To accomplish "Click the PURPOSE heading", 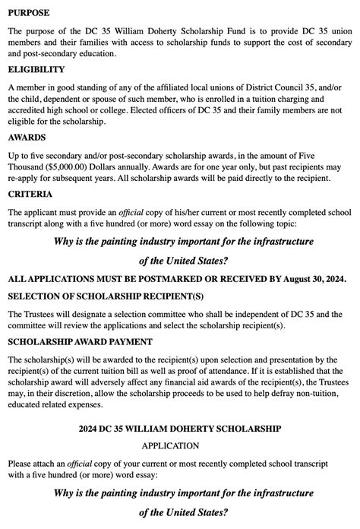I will tap(29, 13).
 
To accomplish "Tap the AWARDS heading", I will tap(27, 138).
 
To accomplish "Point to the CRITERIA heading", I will tap(30, 194).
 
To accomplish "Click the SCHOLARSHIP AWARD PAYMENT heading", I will tap(80, 342).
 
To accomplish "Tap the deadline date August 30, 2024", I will tap(313, 279).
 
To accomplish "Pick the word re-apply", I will tap(24, 178).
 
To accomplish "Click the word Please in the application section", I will tap(23, 463).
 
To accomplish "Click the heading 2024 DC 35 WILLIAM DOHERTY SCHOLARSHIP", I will tap(179, 429).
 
